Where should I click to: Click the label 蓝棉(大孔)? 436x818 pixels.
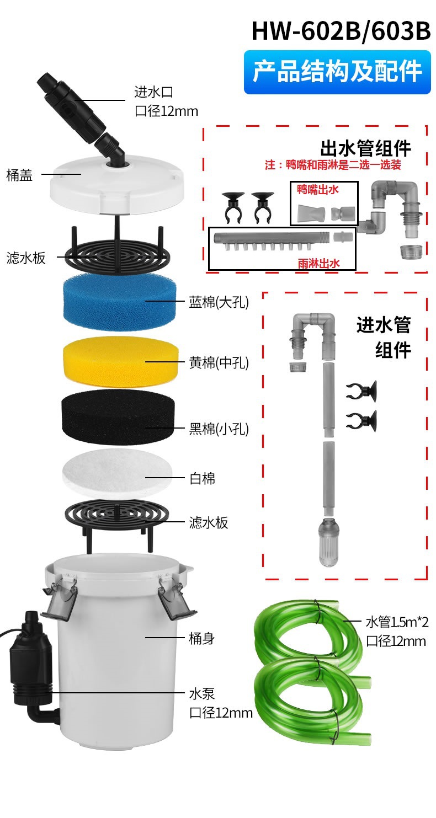click(219, 302)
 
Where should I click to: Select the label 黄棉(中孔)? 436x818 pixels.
click(219, 363)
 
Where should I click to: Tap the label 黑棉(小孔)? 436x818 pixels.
click(219, 429)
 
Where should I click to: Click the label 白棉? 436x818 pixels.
click(202, 479)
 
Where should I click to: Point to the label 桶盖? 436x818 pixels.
click(20, 175)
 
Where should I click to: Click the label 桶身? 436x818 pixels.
click(202, 639)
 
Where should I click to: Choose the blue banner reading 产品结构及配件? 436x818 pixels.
click(337, 72)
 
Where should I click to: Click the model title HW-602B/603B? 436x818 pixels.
click(341, 31)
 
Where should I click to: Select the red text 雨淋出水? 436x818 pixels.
click(318, 264)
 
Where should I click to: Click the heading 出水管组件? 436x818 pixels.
click(365, 148)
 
